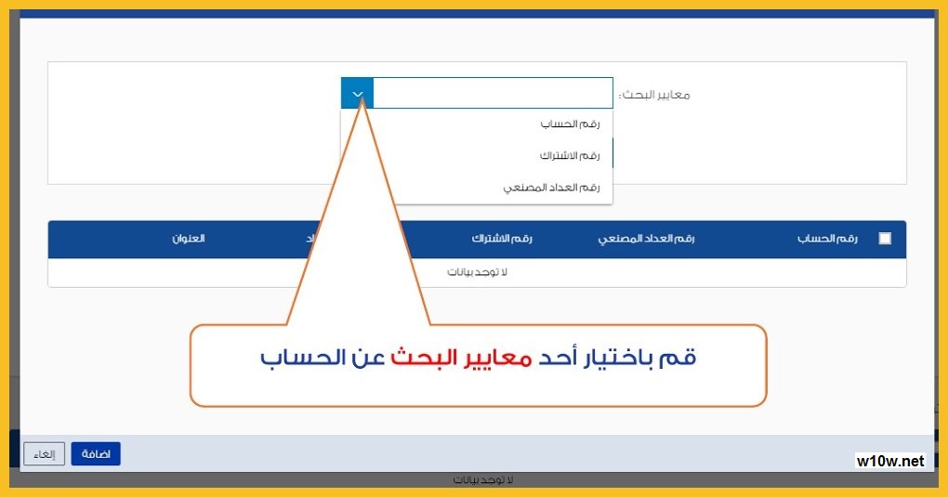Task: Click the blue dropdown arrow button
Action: [x=357, y=94]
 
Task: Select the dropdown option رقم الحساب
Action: [x=570, y=124]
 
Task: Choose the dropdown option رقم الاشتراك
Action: [x=570, y=155]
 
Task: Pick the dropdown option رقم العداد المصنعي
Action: [x=551, y=188]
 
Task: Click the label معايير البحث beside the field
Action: [x=654, y=95]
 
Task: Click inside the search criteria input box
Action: [x=493, y=93]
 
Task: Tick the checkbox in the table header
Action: [x=885, y=238]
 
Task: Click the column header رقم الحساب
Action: [x=827, y=238]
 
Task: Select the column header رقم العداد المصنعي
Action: [x=646, y=238]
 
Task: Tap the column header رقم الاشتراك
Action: [x=502, y=238]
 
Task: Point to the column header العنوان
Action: [x=189, y=238]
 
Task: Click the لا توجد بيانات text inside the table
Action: [x=477, y=272]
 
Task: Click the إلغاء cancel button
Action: [x=44, y=454]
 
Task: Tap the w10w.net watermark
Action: [x=890, y=461]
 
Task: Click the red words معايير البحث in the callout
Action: [x=461, y=358]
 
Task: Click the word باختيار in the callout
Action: [x=616, y=358]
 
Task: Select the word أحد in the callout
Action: [x=558, y=357]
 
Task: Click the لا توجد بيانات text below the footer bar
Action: [x=483, y=480]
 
